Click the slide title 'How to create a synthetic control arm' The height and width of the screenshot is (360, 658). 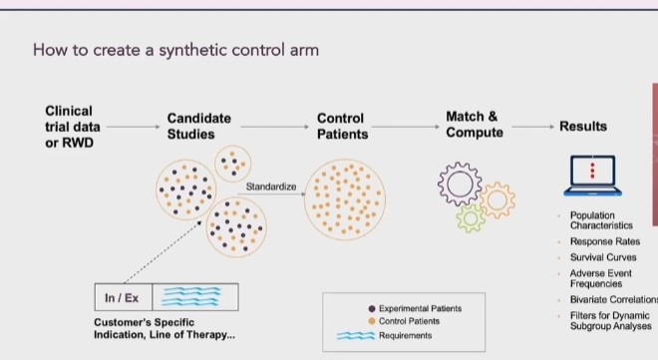coord(175,49)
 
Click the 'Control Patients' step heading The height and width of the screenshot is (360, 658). coord(342,126)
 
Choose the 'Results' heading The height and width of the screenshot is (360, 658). coord(583,127)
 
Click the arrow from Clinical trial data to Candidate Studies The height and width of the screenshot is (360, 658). coord(134,127)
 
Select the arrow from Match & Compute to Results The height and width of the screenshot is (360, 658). coord(532,127)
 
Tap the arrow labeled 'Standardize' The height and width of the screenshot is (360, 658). coord(273,194)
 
